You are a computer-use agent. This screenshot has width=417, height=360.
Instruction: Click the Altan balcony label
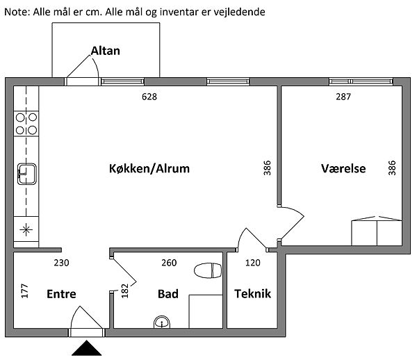[106, 51]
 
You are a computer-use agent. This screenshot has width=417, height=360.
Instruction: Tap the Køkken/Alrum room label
[149, 169]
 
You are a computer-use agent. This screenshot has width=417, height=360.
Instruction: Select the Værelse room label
[343, 168]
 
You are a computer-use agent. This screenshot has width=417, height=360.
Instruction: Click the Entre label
[61, 294]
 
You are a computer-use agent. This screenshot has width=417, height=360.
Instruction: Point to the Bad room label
[167, 294]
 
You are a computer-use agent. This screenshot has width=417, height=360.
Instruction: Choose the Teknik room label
[253, 293]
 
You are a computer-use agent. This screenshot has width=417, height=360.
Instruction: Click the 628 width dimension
[149, 97]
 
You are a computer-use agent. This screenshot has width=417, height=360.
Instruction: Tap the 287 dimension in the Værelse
[343, 97]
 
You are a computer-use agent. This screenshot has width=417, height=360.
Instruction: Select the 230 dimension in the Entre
[61, 263]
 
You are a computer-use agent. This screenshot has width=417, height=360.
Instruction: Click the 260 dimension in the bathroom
[169, 263]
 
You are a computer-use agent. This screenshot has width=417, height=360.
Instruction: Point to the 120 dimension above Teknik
[253, 263]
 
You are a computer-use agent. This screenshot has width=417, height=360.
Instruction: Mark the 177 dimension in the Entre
[24, 291]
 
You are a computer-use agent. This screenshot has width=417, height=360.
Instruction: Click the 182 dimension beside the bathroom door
[124, 291]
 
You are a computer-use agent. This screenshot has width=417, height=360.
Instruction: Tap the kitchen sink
[27, 174]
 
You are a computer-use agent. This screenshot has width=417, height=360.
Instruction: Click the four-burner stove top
[26, 124]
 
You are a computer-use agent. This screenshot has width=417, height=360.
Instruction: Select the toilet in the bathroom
[208, 270]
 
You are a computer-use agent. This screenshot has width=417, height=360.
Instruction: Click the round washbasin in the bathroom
[162, 322]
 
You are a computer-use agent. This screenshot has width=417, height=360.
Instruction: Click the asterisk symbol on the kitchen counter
[26, 229]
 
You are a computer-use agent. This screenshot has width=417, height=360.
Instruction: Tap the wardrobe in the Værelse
[377, 231]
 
